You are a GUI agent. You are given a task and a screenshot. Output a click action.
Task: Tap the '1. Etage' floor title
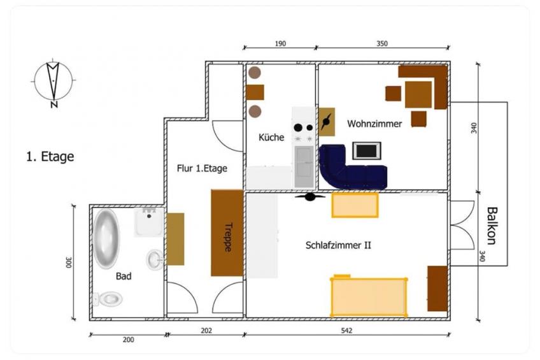[x=50, y=156]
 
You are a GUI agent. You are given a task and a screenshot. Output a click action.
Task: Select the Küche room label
[x=271, y=137]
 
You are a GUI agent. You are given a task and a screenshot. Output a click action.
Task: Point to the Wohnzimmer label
[x=374, y=124]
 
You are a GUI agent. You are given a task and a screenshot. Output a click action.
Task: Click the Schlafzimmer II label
[x=338, y=245]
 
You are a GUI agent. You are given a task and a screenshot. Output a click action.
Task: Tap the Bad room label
[x=124, y=276]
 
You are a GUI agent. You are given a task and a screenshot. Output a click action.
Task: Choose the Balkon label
[x=492, y=226]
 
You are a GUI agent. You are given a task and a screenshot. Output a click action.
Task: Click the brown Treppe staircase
[x=227, y=233]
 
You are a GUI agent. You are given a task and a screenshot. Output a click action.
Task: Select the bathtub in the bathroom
[x=106, y=238]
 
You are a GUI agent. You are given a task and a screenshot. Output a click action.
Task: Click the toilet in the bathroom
[x=108, y=299]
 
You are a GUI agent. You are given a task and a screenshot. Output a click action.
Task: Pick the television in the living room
[x=367, y=150]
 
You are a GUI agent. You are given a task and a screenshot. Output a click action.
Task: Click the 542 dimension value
[x=346, y=331]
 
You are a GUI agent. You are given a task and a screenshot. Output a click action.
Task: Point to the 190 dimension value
[x=280, y=44]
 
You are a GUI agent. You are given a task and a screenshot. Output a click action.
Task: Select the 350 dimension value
[x=382, y=44]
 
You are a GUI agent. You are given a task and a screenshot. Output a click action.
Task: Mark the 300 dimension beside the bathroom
[x=69, y=263]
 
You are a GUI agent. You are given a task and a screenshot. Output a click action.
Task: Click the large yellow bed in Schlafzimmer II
[x=369, y=296]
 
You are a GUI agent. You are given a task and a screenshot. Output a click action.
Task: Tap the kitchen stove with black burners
[x=303, y=132]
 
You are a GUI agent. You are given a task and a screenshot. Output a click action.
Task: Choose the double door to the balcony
[x=462, y=225]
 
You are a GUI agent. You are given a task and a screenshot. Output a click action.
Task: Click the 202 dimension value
[x=206, y=331]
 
